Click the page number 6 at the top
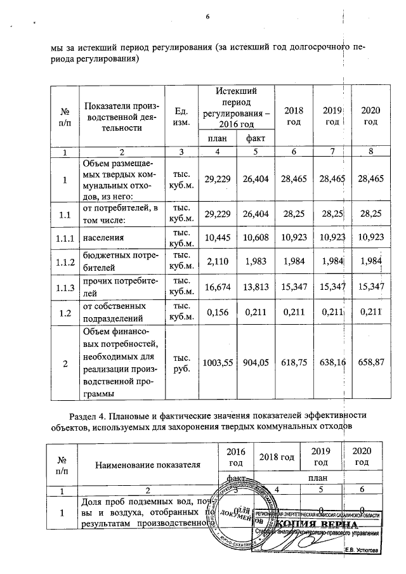pyautogui.click(x=207, y=16)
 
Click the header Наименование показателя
pyautogui.click(x=147, y=464)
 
